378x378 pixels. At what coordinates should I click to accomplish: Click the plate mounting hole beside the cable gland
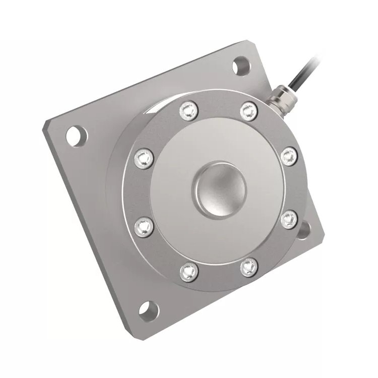(x=241, y=66)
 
